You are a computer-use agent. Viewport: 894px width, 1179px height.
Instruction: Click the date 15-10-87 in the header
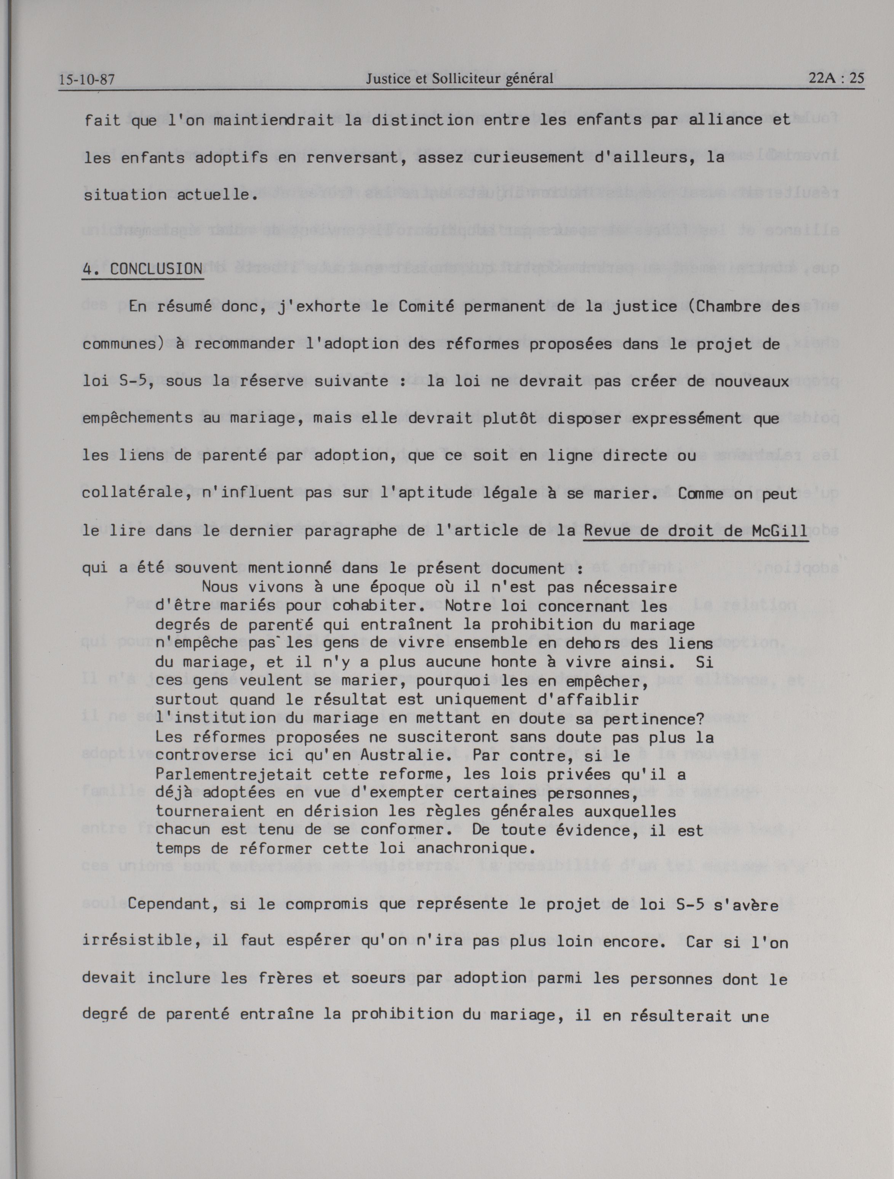(87, 80)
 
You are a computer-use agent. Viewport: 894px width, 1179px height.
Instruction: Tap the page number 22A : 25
(836, 78)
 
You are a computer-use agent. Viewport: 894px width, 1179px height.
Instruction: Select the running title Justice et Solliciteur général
(459, 79)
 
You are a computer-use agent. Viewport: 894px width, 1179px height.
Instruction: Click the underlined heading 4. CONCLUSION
(142, 269)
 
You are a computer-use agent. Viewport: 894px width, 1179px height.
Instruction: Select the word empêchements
(138, 419)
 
